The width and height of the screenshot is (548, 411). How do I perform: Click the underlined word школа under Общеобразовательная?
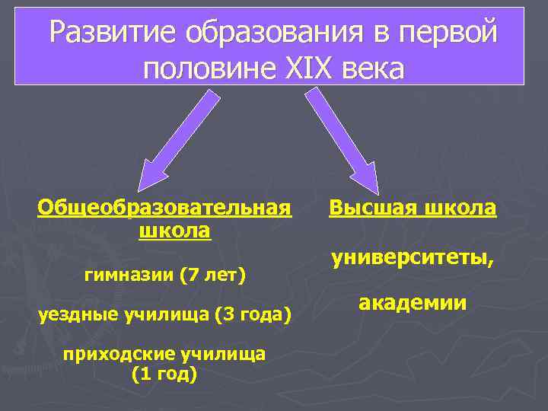(x=175, y=229)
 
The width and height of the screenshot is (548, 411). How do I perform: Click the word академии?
(x=412, y=302)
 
